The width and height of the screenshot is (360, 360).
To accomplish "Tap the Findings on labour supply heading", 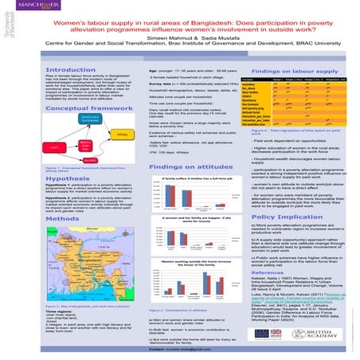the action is tap(288, 71).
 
